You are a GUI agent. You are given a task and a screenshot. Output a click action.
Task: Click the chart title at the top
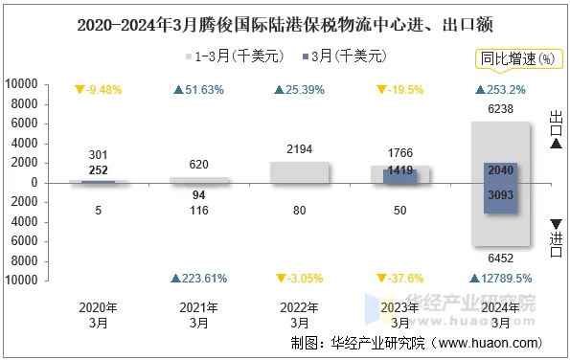(285, 20)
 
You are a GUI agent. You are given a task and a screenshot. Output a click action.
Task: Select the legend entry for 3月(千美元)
(350, 57)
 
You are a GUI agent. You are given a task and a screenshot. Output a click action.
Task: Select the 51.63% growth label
(199, 90)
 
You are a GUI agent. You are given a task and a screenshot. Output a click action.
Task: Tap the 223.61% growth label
(199, 279)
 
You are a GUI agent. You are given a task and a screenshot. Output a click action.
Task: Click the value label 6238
(500, 109)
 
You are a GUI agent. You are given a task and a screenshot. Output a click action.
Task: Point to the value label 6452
(500, 258)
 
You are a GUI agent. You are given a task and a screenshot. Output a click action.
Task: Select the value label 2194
(299, 149)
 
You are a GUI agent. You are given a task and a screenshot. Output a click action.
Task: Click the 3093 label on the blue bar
(500, 195)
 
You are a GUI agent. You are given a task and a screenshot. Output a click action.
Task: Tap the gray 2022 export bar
(299, 171)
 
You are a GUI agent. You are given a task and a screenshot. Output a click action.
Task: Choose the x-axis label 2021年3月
(199, 315)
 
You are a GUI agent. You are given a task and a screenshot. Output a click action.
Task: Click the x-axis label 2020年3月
(100, 315)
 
